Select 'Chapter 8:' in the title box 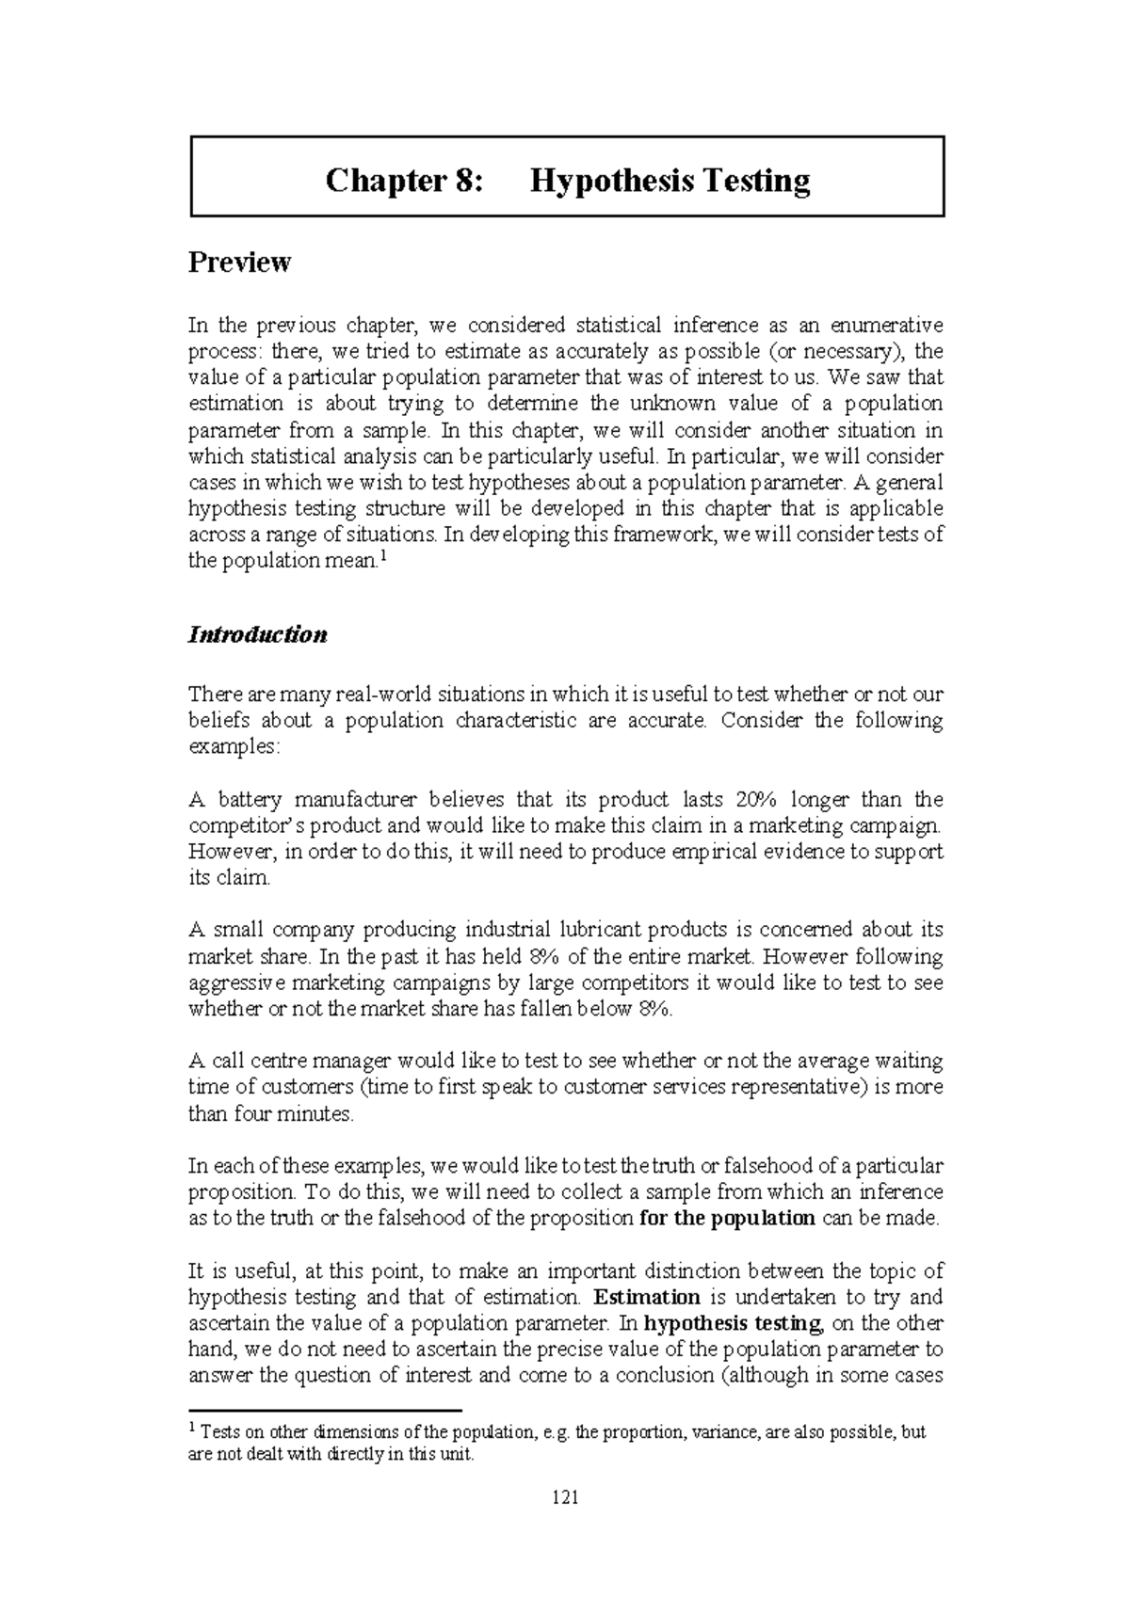(x=403, y=180)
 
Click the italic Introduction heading (x=258, y=634)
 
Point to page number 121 (x=565, y=1497)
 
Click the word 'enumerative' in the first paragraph (x=885, y=326)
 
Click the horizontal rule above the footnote (x=326, y=1411)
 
